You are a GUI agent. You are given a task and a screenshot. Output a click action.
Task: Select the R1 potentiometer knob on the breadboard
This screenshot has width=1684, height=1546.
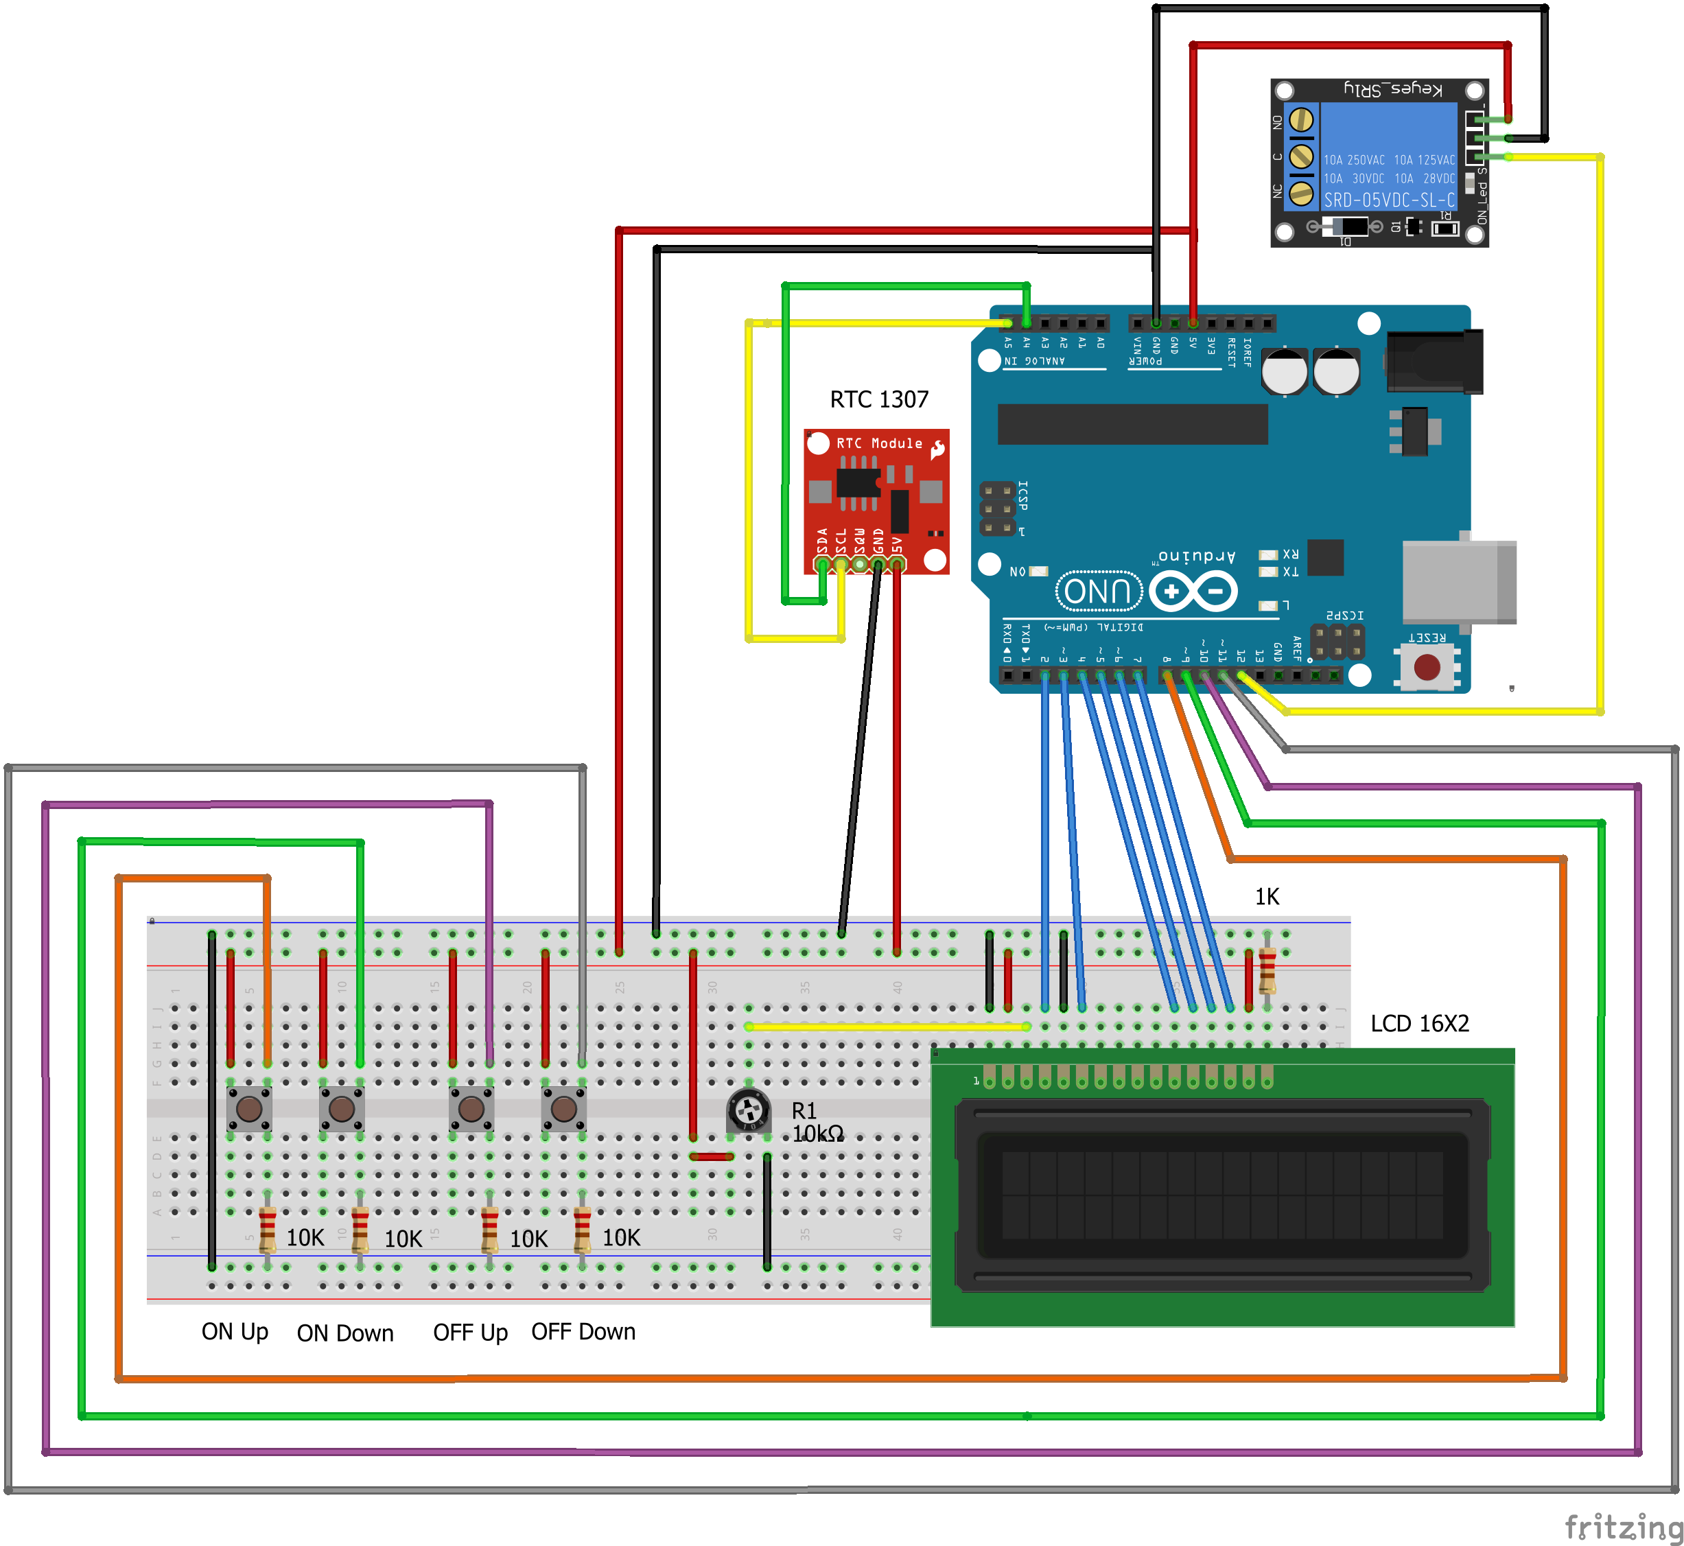click(749, 1111)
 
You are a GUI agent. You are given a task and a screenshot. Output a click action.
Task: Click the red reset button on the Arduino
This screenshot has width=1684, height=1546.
click(1427, 667)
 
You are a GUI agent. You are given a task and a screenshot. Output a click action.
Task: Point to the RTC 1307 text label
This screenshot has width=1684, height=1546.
click(878, 399)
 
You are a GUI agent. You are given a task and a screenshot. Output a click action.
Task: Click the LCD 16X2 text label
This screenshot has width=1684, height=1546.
click(1419, 1023)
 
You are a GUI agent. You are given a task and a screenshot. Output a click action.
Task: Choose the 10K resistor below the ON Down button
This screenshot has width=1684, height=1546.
click(360, 1230)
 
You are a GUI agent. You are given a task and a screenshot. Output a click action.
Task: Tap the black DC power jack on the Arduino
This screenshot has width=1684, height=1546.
click(1434, 362)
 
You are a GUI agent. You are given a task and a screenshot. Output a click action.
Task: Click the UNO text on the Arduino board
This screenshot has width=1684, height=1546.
click(1099, 592)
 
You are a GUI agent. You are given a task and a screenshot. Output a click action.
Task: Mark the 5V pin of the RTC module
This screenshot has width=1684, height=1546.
click(897, 565)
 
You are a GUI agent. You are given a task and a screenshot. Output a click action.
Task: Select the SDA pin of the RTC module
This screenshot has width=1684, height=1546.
click(822, 565)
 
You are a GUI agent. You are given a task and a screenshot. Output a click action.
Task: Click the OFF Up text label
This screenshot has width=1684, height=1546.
click(470, 1332)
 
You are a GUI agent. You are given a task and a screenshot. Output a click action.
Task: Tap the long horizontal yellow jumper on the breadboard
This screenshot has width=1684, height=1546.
click(887, 1027)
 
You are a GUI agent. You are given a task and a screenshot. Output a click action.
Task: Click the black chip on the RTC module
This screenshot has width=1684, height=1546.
click(858, 482)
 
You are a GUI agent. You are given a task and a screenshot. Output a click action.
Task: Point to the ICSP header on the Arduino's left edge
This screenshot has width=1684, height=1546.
click(997, 508)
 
